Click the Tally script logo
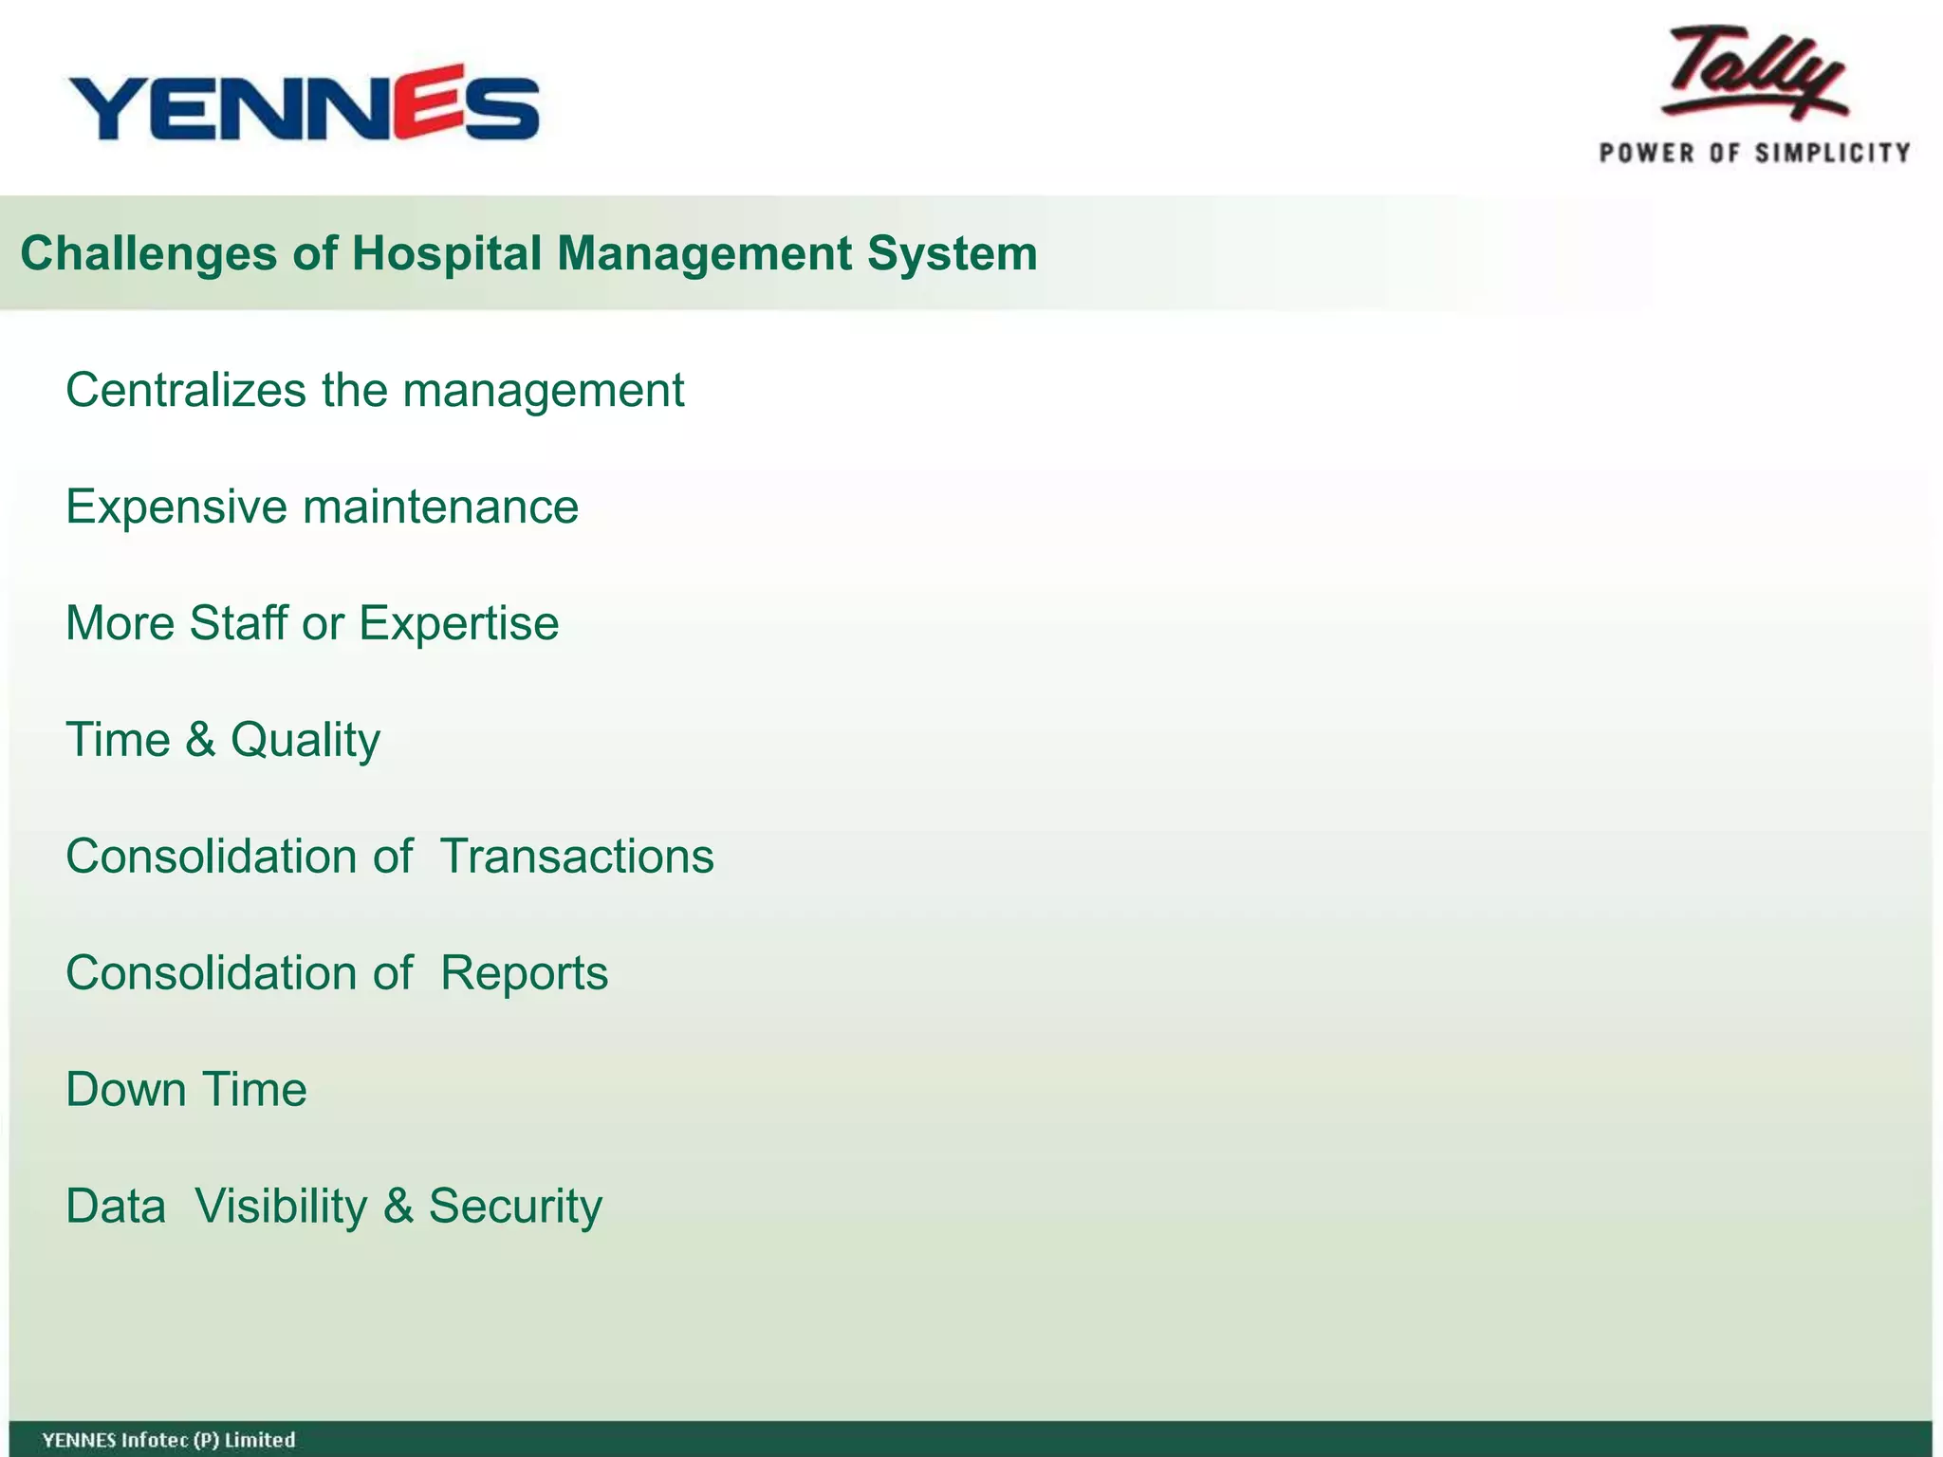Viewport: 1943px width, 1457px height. (1753, 74)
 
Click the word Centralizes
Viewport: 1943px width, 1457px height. (186, 390)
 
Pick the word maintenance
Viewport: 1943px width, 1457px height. (441, 507)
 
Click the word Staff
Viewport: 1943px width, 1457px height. (238, 623)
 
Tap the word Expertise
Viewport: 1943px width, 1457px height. (458, 623)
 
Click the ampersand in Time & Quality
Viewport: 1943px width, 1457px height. (200, 740)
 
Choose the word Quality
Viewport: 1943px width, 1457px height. (305, 740)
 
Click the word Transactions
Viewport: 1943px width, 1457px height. (577, 857)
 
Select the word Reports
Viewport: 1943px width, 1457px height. (524, 973)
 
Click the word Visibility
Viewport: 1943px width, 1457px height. (281, 1207)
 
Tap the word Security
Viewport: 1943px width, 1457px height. (515, 1207)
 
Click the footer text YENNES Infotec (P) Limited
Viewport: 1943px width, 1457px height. (169, 1440)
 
